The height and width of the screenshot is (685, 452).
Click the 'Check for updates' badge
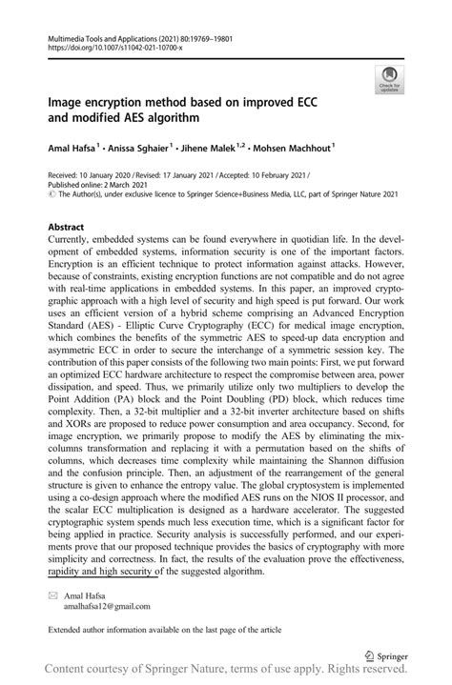point(388,79)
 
